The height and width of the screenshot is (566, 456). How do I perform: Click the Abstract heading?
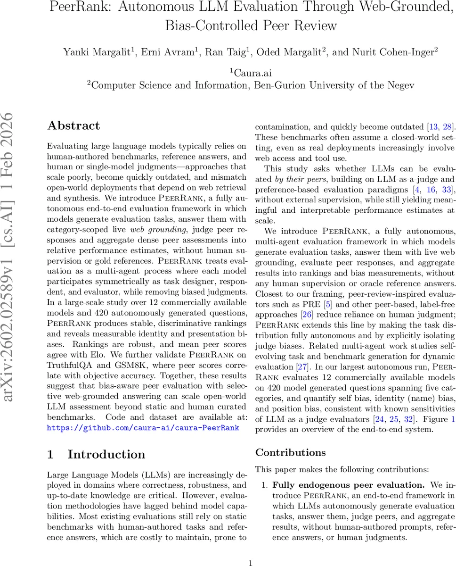coord(73,125)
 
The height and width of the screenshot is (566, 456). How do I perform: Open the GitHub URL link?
coord(143,428)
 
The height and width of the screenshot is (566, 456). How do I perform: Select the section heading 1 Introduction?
coord(96,454)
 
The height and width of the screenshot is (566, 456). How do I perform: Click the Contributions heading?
coord(290,452)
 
